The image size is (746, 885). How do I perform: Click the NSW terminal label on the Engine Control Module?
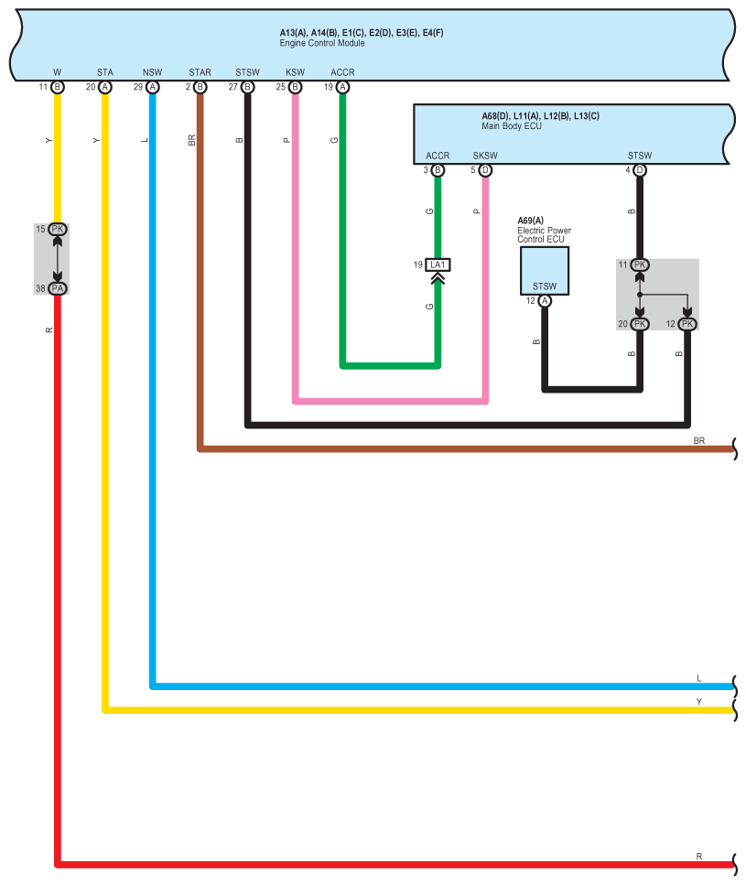[x=152, y=72]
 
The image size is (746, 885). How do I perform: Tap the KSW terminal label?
[x=295, y=72]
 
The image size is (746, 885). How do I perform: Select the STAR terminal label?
[x=200, y=72]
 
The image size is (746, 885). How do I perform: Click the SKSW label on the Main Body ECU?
[x=485, y=156]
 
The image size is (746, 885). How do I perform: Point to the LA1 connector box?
[x=438, y=264]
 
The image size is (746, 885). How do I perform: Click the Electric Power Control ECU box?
[x=545, y=271]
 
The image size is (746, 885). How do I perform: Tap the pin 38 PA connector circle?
[x=58, y=288]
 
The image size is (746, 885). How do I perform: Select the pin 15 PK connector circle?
[x=58, y=229]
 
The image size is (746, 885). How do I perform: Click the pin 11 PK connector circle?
[x=640, y=264]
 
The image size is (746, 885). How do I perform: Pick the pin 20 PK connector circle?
[x=640, y=324]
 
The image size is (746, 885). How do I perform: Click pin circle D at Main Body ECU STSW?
[x=640, y=170]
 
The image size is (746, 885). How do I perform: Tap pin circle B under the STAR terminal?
[x=200, y=87]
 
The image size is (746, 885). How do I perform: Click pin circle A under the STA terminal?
[x=105, y=87]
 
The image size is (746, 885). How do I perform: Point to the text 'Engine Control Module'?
[x=322, y=43]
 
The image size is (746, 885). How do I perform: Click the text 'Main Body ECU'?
[x=512, y=126]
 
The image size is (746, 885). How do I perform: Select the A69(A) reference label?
[x=531, y=221]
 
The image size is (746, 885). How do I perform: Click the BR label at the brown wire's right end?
[x=699, y=441]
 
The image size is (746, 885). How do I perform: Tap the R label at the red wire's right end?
[x=699, y=857]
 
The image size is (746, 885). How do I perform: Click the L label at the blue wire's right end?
[x=699, y=678]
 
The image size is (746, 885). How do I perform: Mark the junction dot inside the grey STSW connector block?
[x=640, y=295]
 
